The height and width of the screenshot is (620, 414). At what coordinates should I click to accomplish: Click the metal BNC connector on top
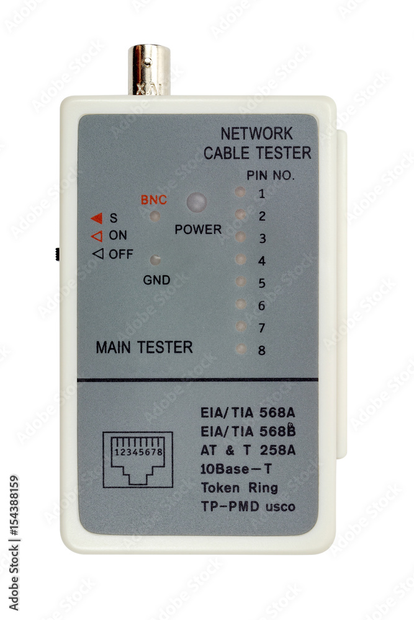(x=149, y=69)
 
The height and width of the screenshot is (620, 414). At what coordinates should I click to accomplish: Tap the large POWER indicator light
(x=197, y=202)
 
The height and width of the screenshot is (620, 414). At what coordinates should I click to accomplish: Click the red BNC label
(x=153, y=200)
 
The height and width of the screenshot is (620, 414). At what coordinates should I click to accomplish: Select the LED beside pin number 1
(x=240, y=192)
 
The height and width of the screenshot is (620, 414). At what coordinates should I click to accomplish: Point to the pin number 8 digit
(x=261, y=350)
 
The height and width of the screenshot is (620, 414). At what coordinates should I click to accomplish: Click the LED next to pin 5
(x=241, y=281)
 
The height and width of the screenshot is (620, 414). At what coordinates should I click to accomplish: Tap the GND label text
(x=156, y=280)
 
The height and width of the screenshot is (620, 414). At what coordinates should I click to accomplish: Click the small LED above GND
(x=155, y=259)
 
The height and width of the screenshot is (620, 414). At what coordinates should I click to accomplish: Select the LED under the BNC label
(x=155, y=216)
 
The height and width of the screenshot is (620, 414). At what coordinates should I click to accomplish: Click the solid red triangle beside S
(x=97, y=218)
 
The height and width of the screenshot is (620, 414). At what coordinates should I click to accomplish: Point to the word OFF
(x=120, y=254)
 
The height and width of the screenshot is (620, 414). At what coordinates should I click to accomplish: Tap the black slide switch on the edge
(x=58, y=254)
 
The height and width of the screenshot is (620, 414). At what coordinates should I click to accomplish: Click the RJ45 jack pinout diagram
(x=138, y=459)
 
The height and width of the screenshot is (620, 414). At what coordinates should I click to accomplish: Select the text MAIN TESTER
(x=144, y=347)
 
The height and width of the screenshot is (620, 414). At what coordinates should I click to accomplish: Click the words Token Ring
(x=239, y=487)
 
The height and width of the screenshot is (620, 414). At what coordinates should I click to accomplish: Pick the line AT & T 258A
(x=248, y=450)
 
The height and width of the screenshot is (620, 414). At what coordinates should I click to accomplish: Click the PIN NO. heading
(x=271, y=175)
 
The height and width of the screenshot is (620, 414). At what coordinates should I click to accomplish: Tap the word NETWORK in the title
(x=256, y=134)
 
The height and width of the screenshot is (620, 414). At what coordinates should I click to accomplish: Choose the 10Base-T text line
(x=236, y=469)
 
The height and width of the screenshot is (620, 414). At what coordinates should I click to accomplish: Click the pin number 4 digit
(x=261, y=261)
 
